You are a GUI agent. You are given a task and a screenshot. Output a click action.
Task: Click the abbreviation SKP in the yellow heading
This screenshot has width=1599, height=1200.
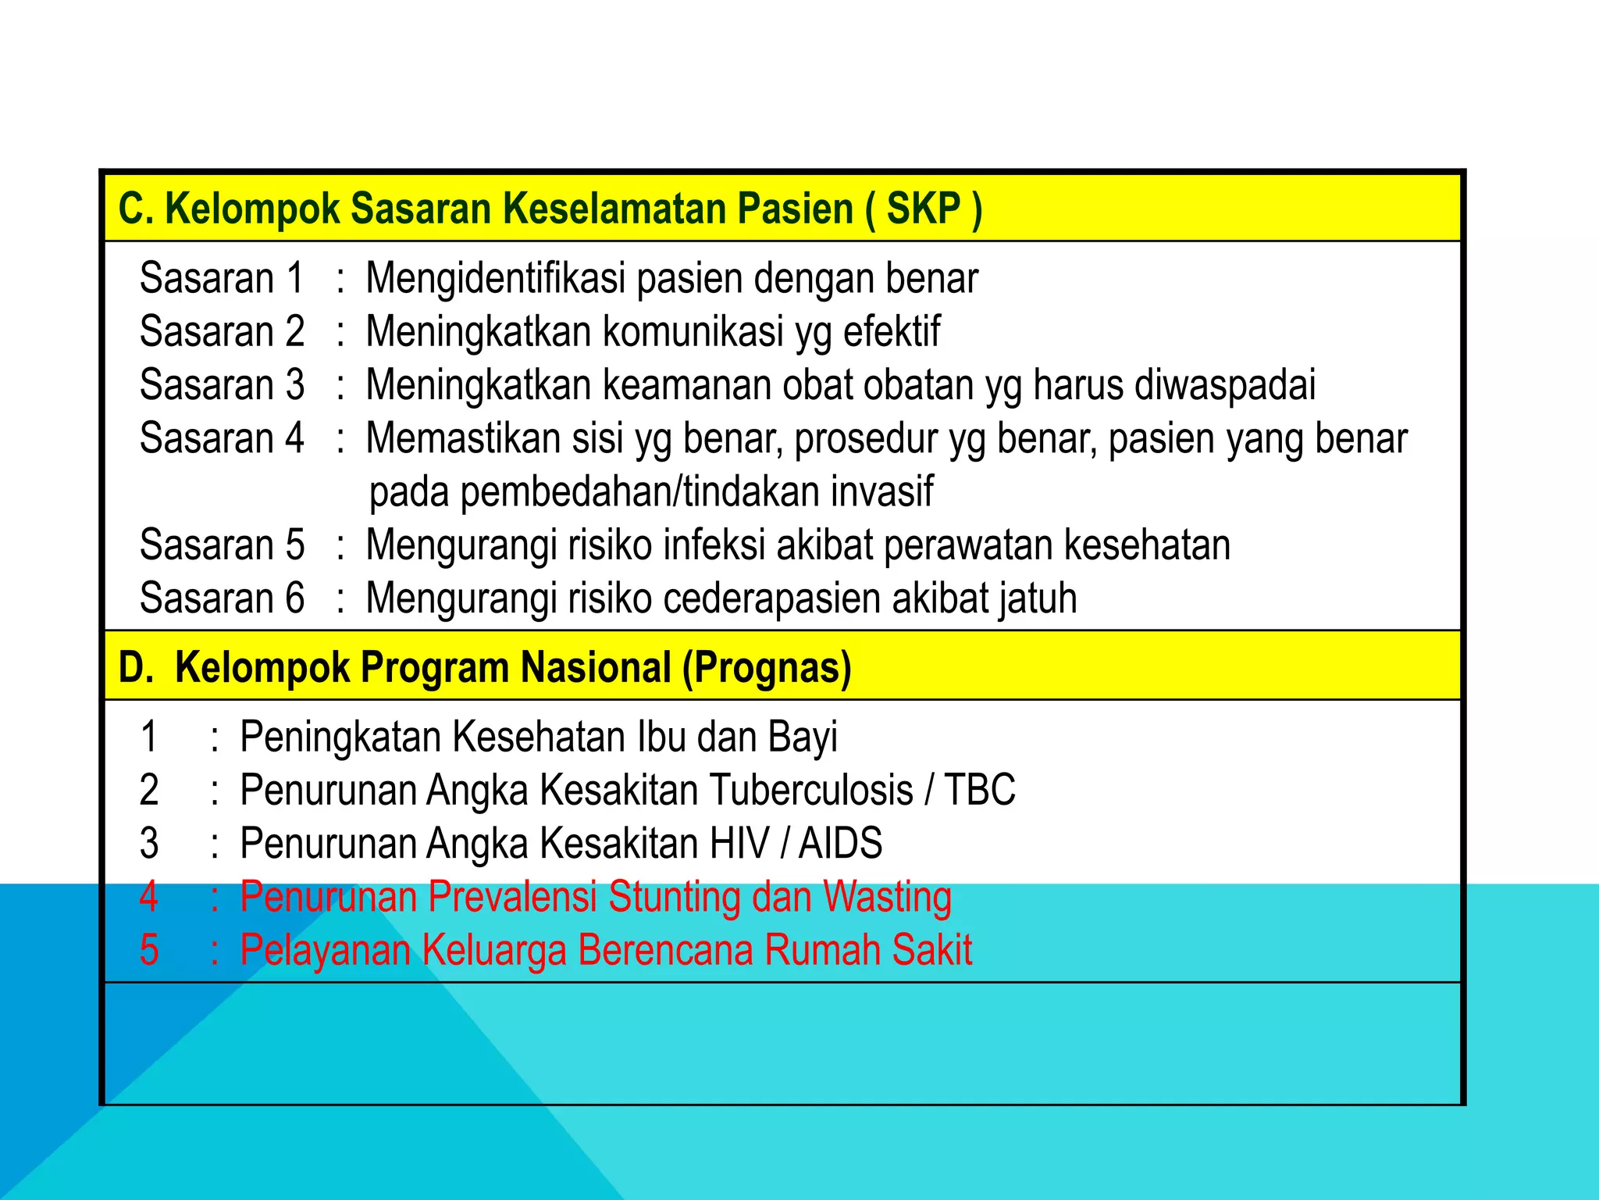click(x=924, y=209)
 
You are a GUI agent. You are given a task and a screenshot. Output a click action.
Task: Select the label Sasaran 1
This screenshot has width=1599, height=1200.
click(x=221, y=278)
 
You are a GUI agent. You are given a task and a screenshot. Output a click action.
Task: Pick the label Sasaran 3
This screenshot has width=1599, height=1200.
click(x=222, y=384)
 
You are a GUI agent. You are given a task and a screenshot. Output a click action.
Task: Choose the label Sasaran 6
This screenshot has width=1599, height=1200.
click(x=222, y=598)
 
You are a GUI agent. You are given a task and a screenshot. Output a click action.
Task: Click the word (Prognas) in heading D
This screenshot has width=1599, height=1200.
click(x=767, y=668)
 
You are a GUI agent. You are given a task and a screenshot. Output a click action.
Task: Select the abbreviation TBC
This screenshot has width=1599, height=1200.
click(x=980, y=790)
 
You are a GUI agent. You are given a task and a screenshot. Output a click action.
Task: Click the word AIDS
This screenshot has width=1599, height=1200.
click(x=840, y=844)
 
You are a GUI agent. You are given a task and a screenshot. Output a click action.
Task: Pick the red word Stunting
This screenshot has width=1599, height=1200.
click(x=674, y=897)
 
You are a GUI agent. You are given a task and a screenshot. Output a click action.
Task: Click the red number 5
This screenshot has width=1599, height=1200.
click(x=149, y=950)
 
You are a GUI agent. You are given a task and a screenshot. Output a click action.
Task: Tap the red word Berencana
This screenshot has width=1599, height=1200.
click(x=665, y=950)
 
